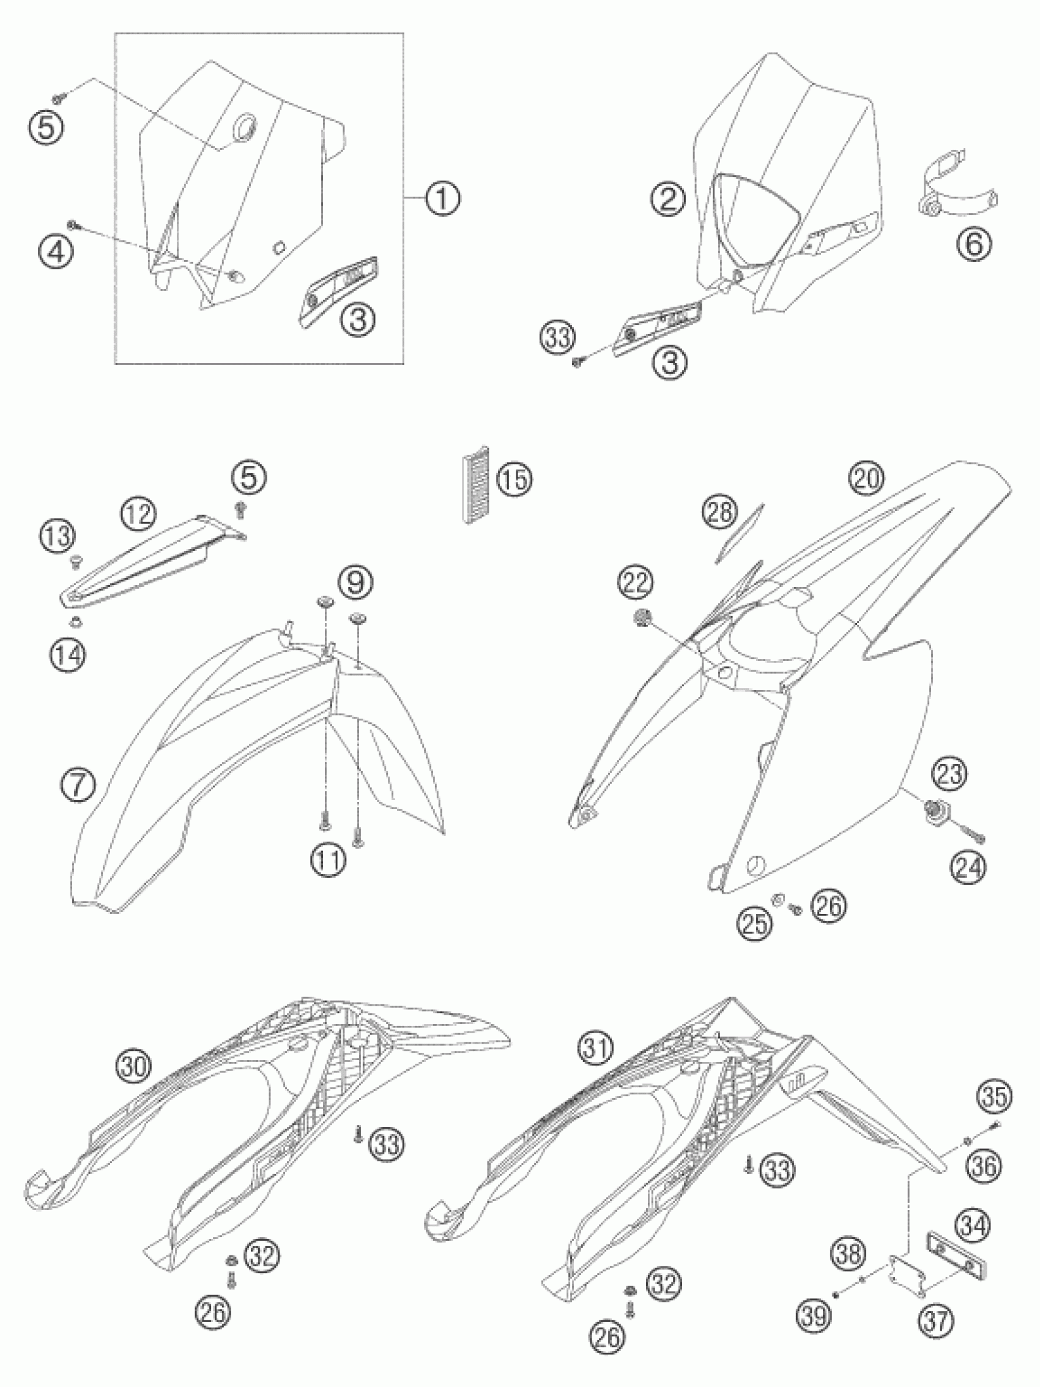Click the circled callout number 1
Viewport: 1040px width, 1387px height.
point(442,199)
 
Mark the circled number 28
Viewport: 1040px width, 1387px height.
point(720,512)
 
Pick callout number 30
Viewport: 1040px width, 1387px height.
point(135,1064)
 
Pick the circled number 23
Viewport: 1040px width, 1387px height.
point(949,774)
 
